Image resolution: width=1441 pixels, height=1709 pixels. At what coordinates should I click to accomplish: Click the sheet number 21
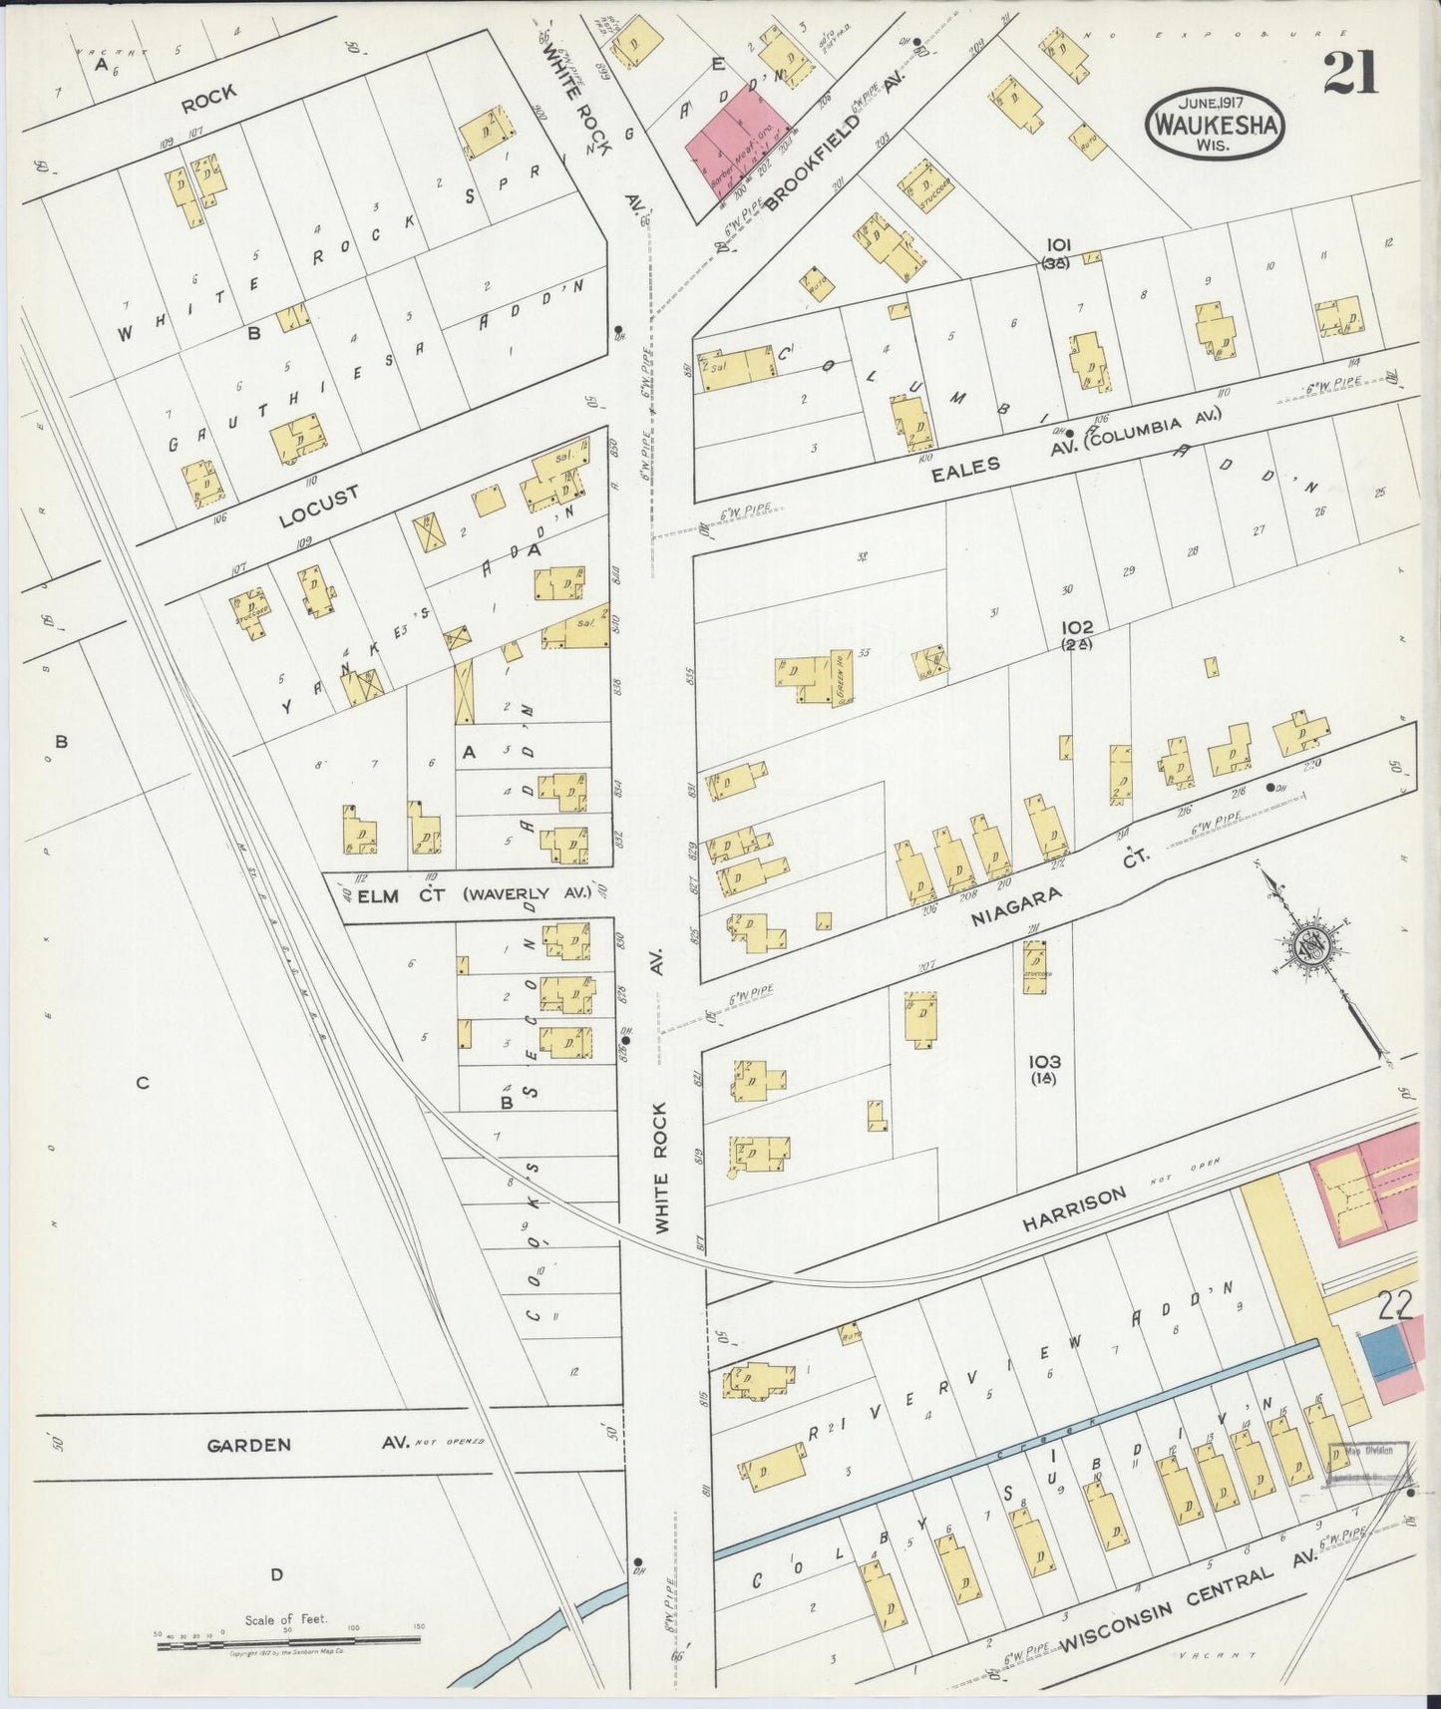tap(1351, 72)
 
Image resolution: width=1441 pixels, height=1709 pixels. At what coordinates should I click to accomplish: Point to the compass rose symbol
tap(1309, 942)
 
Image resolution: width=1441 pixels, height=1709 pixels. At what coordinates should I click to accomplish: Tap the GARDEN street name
tap(249, 1445)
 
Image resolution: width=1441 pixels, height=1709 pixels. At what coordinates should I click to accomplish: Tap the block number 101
tap(1058, 244)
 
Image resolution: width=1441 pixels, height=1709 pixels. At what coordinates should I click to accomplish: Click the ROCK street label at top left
tap(209, 94)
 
